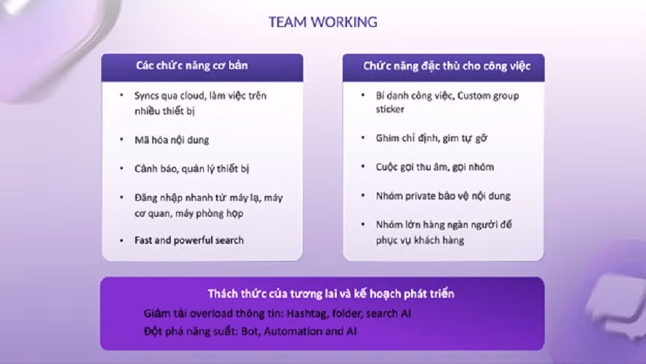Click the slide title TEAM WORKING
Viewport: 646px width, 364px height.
(322, 22)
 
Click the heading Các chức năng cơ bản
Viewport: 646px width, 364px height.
(192, 66)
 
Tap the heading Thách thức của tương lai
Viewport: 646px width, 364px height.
(331, 294)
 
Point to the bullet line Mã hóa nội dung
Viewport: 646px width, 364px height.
(172, 139)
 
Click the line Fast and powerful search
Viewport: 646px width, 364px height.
(188, 240)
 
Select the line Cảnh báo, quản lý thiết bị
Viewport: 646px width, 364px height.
(191, 168)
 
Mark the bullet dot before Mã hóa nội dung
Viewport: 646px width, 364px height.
(121, 139)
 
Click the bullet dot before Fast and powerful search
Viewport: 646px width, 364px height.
(121, 240)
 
